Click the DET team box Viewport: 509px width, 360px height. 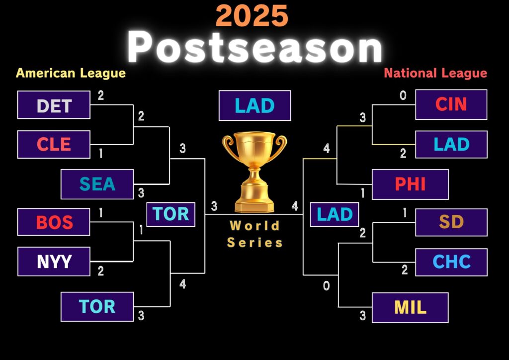[x=54, y=105]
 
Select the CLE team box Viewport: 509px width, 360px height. [x=54, y=145]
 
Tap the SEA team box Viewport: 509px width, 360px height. [x=97, y=184]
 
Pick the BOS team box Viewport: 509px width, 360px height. [x=54, y=222]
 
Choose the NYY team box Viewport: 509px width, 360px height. [x=54, y=262]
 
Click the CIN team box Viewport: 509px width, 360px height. [x=451, y=104]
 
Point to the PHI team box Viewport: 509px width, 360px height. [x=410, y=184]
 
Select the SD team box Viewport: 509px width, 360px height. [x=451, y=222]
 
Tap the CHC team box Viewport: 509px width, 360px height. [x=451, y=262]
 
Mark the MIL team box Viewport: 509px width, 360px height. [x=410, y=308]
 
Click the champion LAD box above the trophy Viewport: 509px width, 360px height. [x=255, y=105]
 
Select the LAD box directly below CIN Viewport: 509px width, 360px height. [x=451, y=145]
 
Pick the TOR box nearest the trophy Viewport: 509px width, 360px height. [x=171, y=214]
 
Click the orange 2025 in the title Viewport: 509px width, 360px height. [x=252, y=15]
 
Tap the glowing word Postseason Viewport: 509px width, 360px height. [x=255, y=47]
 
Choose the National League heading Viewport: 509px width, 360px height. [x=435, y=74]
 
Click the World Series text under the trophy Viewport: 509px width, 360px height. [x=255, y=234]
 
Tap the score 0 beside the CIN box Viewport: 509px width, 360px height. [x=403, y=95]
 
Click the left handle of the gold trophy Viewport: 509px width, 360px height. [x=227, y=143]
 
